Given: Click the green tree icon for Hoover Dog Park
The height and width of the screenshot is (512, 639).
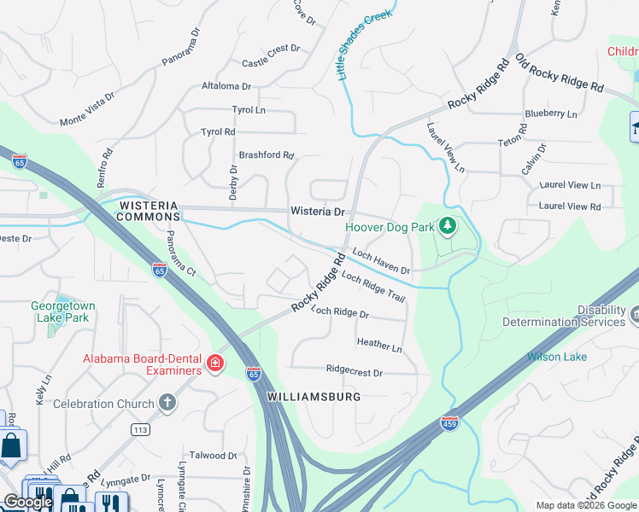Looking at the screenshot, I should [x=446, y=226].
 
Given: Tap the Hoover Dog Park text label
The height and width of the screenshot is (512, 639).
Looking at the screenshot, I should [x=389, y=227].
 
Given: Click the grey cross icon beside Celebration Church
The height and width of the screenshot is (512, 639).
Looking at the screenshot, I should [x=167, y=403].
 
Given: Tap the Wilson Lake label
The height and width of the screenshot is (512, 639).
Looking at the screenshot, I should [x=557, y=357].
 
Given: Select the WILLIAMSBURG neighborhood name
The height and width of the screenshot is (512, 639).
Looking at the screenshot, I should [x=314, y=397].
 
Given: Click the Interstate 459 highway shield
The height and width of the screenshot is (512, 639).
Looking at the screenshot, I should [x=449, y=422].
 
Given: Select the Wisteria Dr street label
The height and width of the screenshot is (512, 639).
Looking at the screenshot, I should [x=317, y=211].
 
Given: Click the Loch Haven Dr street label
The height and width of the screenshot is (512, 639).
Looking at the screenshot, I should [x=381, y=262].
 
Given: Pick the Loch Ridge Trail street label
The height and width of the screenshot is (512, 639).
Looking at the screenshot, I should [x=372, y=287].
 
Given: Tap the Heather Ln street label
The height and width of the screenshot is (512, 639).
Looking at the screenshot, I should [x=378, y=346].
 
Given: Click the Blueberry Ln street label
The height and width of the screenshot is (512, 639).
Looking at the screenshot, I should [x=551, y=113].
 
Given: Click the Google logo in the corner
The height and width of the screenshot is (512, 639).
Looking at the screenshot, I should [x=27, y=502].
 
